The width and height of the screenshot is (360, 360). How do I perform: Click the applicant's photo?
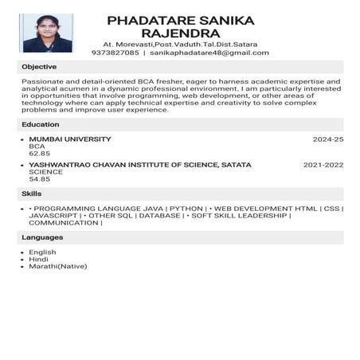pyautogui.click(x=48, y=33)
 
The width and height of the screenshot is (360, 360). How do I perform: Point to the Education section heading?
pyautogui.click(x=41, y=124)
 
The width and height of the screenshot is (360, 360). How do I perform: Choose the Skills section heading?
pyautogui.click(x=32, y=194)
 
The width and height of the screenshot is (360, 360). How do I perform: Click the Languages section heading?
pyautogui.click(x=42, y=237)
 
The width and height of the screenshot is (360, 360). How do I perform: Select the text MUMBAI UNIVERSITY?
pyautogui.click(x=70, y=139)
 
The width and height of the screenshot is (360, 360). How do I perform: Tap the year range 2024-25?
pyautogui.click(x=327, y=139)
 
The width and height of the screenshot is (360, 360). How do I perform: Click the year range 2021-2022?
pyautogui.click(x=323, y=165)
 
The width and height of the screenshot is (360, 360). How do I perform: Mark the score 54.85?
pyautogui.click(x=40, y=179)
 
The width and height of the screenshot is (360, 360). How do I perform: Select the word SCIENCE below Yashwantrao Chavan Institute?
pyautogui.click(x=45, y=172)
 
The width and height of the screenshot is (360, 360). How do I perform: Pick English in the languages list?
pyautogui.click(x=42, y=252)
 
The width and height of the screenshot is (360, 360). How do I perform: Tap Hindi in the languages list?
pyautogui.click(x=38, y=259)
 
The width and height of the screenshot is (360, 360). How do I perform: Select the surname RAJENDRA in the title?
pyautogui.click(x=179, y=33)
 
